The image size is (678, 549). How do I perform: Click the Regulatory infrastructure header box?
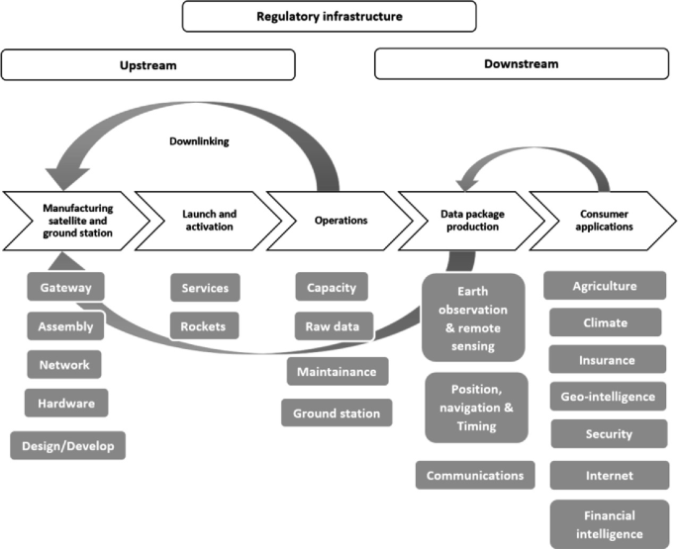tap(330, 16)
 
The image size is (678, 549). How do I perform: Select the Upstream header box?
tap(148, 64)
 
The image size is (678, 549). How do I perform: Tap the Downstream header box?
tap(521, 64)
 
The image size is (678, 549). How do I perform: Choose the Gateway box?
tap(66, 288)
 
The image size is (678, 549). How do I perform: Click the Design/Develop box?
tap(68, 446)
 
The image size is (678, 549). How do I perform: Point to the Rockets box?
tap(204, 324)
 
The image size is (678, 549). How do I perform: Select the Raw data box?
tap(333, 324)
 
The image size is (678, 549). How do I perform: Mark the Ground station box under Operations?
tap(337, 412)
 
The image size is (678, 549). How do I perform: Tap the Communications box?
tap(475, 475)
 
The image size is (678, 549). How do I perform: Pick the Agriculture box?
tap(605, 287)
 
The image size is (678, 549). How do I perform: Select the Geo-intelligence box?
tap(608, 397)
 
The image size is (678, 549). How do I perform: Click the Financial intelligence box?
tap(609, 523)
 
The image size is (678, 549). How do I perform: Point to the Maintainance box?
tap(337, 371)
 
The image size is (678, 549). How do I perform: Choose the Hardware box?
tap(66, 404)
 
